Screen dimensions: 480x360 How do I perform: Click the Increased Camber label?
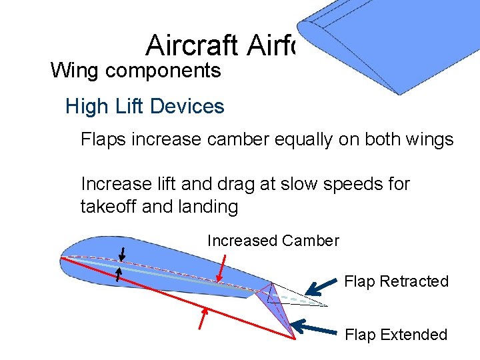pos(273,241)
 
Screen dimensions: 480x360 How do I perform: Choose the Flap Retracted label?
pos(396,281)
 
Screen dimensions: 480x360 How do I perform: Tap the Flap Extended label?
pos(396,335)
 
